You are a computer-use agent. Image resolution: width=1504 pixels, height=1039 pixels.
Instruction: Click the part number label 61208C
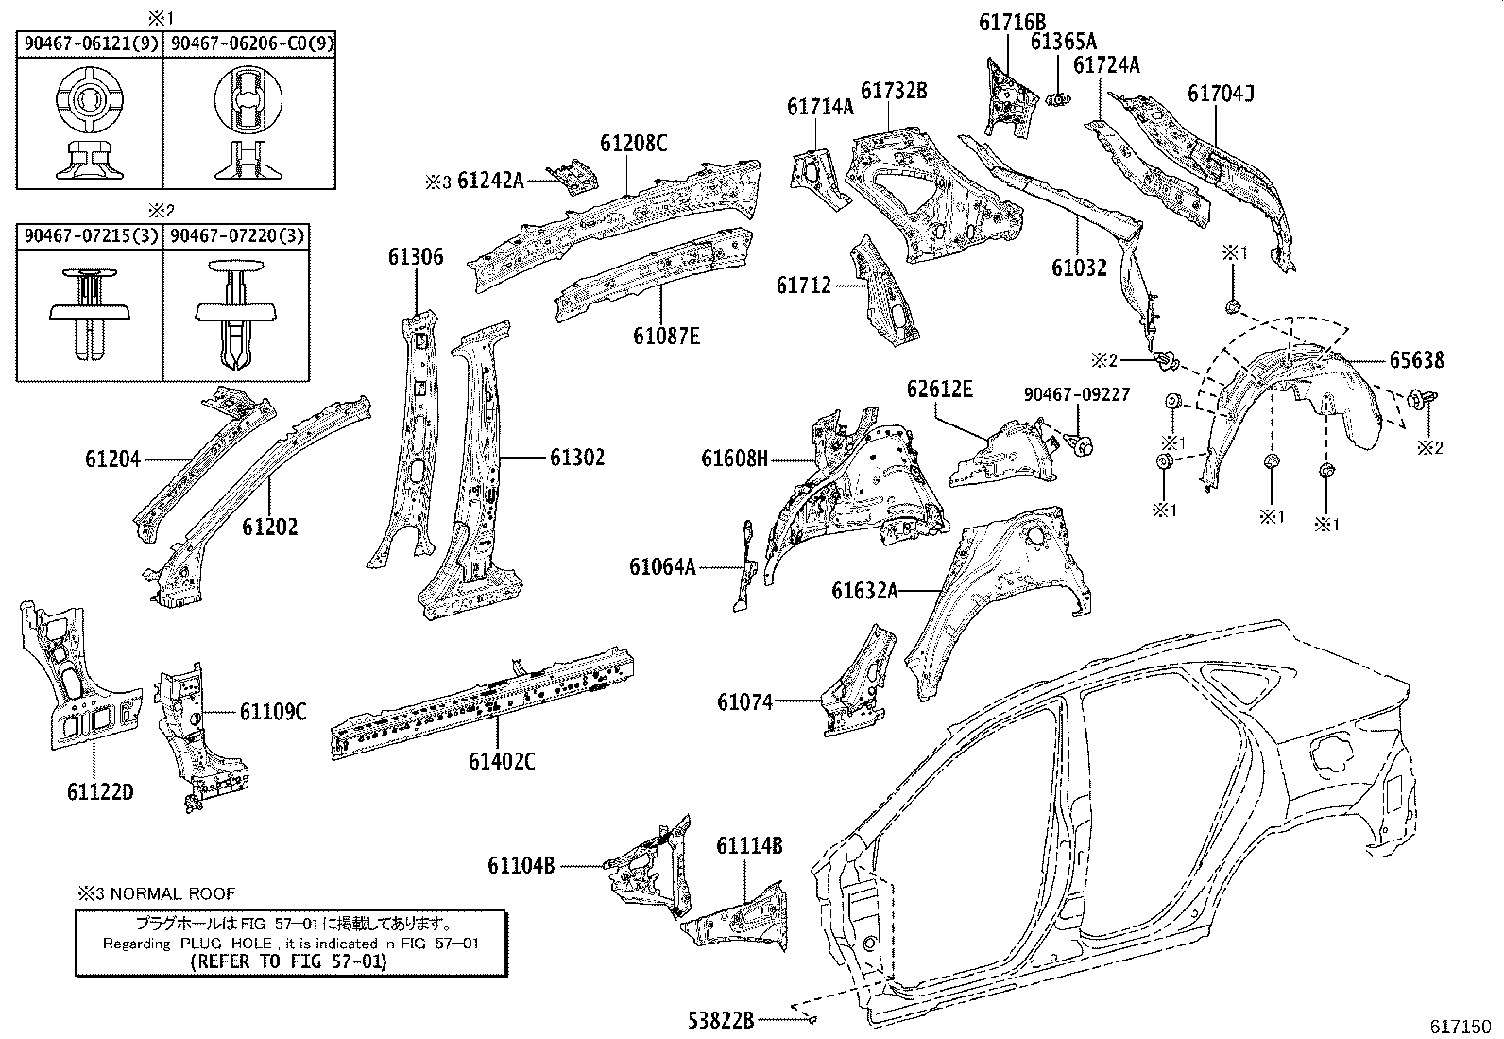(x=633, y=143)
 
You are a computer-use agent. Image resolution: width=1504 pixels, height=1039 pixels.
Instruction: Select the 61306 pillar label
(x=415, y=257)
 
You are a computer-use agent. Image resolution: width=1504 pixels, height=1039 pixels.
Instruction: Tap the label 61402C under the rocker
(x=501, y=759)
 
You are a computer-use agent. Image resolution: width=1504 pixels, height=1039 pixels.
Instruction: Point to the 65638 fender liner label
(x=1416, y=360)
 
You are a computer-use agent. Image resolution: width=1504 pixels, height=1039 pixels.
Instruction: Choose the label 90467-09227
(x=1077, y=394)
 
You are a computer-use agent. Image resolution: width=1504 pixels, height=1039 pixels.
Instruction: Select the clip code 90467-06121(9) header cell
(x=91, y=43)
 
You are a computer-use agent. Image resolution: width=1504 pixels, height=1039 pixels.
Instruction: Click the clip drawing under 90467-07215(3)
(x=89, y=312)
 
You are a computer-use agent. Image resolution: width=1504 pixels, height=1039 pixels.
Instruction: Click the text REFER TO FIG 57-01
(x=289, y=961)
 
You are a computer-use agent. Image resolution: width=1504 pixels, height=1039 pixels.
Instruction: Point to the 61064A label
(x=662, y=567)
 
